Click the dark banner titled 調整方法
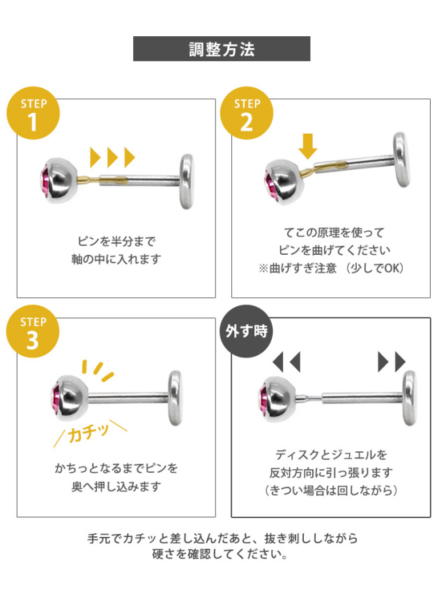[x=222, y=49]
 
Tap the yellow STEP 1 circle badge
[x=33, y=113]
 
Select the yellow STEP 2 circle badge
[x=247, y=113]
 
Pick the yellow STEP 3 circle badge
[x=33, y=331]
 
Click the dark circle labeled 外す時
[x=247, y=331]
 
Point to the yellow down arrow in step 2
[x=308, y=146]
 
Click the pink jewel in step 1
[x=45, y=180]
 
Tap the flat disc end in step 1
[x=187, y=181]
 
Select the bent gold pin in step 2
[x=323, y=169]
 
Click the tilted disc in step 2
[x=402, y=159]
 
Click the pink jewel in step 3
[x=56, y=398]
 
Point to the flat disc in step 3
[x=176, y=398]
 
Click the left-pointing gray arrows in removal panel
[x=286, y=362]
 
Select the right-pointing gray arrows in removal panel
[x=392, y=362]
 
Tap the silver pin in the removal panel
[x=309, y=398]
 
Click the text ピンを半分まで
[x=116, y=242]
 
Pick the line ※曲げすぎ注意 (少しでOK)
[x=331, y=268]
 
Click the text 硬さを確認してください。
[x=220, y=554]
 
